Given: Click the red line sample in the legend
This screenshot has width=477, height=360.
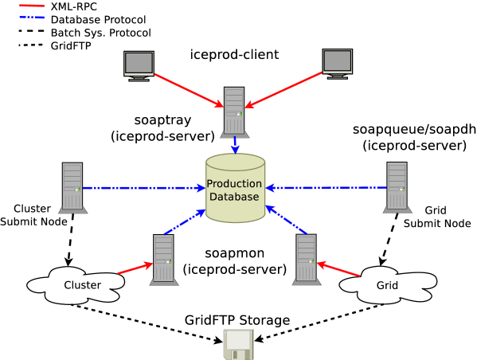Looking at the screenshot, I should [32, 6].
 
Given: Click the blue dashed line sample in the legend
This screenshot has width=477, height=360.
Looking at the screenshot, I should [32, 17].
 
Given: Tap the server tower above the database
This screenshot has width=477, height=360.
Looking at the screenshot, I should [234, 112].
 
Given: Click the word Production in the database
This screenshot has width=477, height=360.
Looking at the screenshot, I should [235, 184].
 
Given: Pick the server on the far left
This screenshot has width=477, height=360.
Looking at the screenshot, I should [72, 188].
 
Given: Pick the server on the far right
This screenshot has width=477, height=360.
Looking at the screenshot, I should [397, 188].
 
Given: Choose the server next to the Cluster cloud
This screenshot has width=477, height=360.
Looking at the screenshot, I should [163, 259].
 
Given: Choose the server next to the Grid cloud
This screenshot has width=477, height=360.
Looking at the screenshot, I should [307, 259].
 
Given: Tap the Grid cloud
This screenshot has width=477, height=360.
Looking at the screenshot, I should [388, 285].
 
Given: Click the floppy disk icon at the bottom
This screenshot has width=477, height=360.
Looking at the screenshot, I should [238, 344].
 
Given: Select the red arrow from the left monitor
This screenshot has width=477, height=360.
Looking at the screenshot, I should [189, 90].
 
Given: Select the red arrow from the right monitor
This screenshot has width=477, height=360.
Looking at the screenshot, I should [284, 89].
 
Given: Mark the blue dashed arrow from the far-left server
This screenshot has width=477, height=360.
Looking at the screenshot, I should [143, 188].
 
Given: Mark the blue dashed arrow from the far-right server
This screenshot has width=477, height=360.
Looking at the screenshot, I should [326, 188].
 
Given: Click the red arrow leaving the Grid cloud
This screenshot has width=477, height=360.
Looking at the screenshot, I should [338, 269].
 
